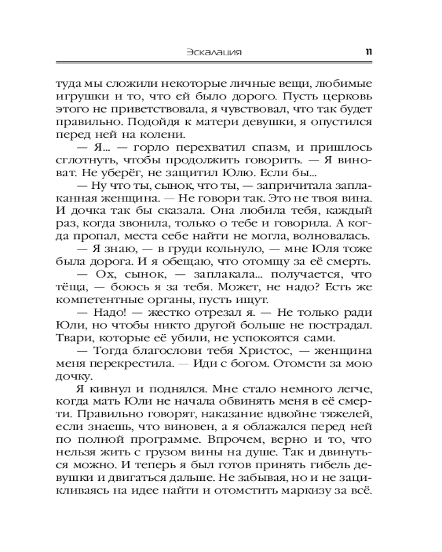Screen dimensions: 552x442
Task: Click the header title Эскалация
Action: [x=215, y=53]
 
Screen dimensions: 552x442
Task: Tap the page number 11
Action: [x=368, y=53]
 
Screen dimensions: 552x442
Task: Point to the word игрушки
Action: [x=76, y=96]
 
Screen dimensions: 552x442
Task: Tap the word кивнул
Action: [x=93, y=391]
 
